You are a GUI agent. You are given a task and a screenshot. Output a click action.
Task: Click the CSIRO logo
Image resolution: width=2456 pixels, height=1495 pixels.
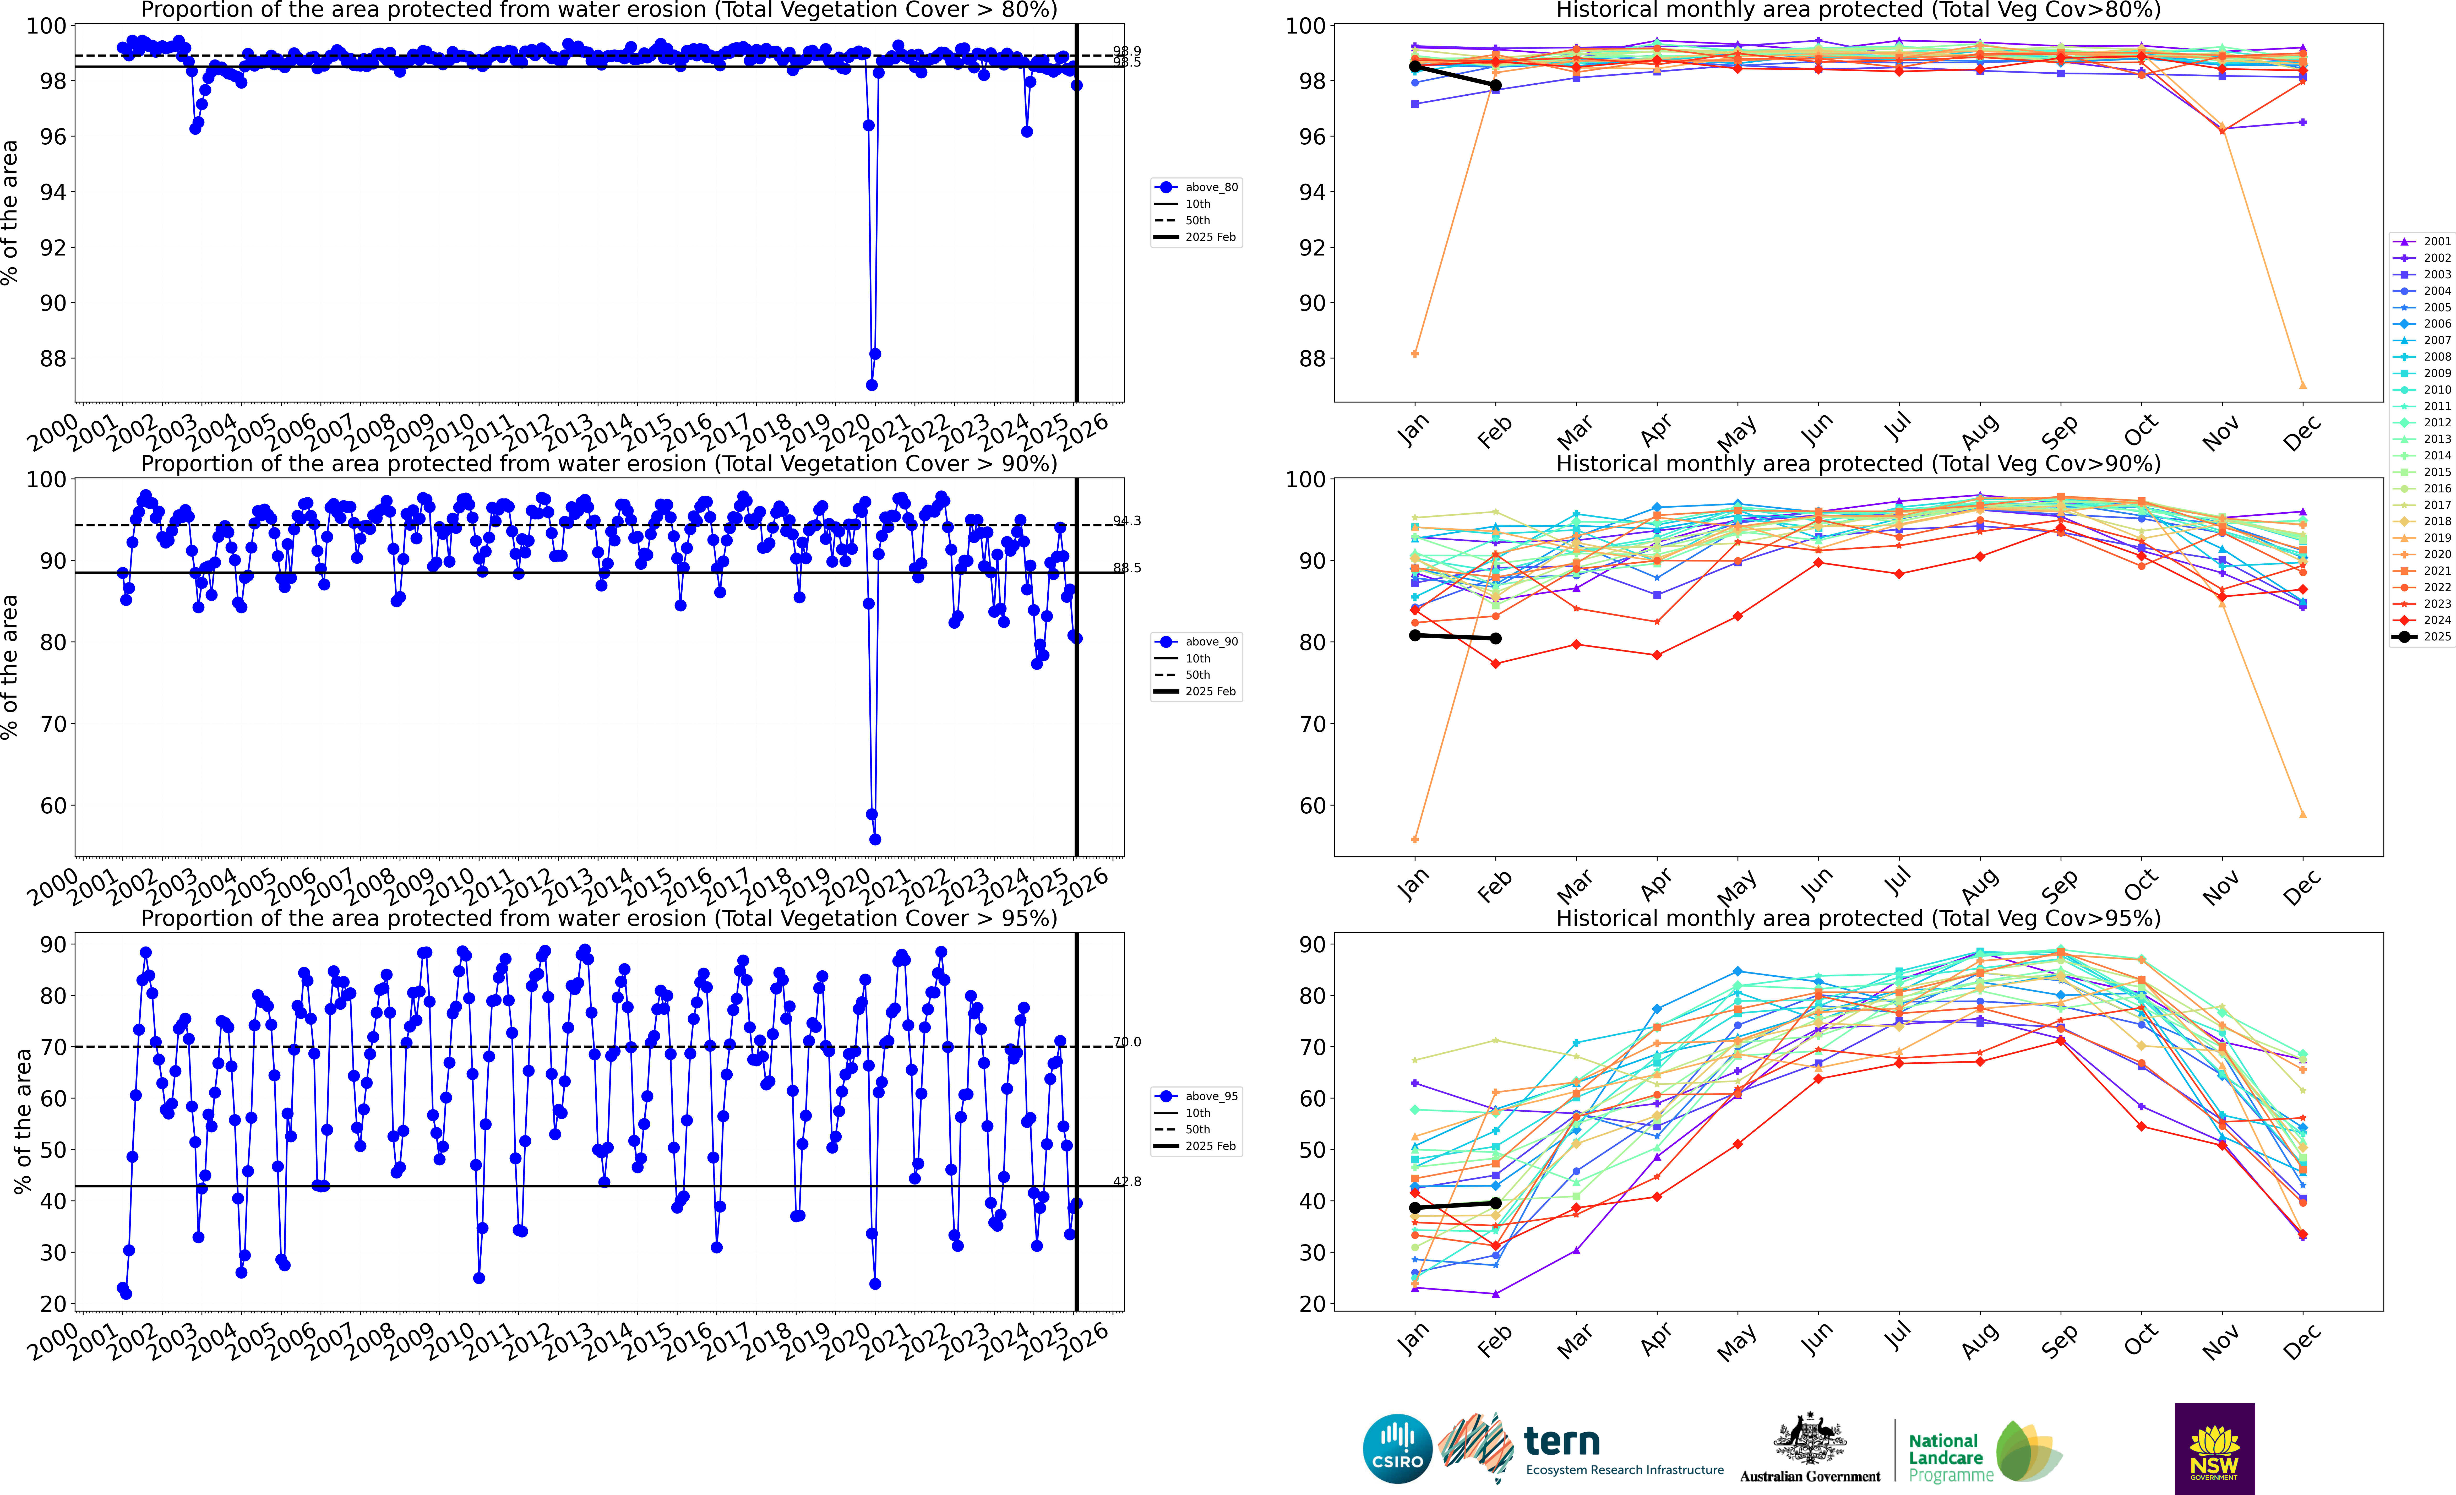pos(1397,1448)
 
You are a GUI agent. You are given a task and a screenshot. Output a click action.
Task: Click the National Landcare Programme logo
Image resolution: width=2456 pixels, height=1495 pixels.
pos(1984,1453)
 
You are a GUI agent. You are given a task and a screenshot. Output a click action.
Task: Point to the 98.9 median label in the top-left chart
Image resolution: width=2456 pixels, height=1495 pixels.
pos(1127,51)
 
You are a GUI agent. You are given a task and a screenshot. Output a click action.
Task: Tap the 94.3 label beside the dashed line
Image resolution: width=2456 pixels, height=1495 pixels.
pos(1127,520)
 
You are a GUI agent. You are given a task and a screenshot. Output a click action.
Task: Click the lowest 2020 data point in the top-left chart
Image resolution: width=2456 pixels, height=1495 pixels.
pos(871,385)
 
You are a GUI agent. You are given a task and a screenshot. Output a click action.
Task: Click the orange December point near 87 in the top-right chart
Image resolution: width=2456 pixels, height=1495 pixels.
pos(2302,385)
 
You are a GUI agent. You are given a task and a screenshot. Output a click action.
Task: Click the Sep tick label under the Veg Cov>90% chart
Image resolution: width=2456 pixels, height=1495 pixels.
pos(2059,884)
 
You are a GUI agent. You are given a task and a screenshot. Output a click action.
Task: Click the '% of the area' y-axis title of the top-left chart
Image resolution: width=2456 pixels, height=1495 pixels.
pos(10,212)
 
